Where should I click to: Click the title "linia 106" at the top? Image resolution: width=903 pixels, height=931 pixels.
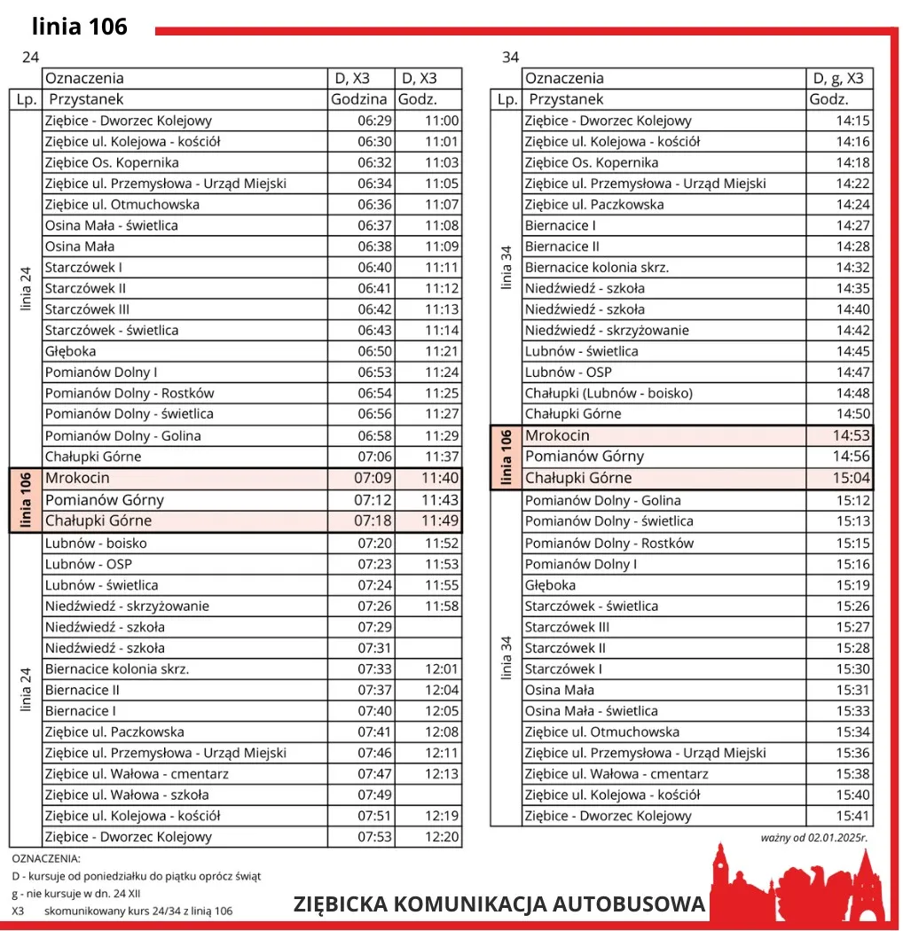click(x=80, y=27)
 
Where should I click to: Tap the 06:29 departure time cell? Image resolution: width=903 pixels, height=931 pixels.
click(x=374, y=121)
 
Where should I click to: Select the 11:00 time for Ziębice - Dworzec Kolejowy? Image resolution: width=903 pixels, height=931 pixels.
click(x=442, y=121)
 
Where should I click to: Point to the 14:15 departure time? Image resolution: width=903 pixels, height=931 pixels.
click(x=852, y=121)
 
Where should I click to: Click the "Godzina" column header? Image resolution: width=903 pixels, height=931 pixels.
click(x=358, y=99)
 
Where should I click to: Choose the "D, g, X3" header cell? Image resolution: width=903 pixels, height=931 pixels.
click(x=838, y=78)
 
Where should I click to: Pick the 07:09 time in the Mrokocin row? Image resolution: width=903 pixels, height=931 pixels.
click(x=374, y=478)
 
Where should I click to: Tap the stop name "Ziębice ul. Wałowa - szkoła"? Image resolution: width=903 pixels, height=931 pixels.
click(x=127, y=794)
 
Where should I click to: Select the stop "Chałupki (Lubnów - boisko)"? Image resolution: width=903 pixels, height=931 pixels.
click(x=609, y=393)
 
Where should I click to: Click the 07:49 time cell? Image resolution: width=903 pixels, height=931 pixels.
click(x=374, y=794)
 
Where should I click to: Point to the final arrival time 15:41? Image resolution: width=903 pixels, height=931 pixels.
click(x=852, y=816)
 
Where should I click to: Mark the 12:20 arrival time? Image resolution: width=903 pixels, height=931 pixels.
click(x=442, y=837)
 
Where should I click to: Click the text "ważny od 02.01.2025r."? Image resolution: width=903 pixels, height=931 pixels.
click(x=814, y=837)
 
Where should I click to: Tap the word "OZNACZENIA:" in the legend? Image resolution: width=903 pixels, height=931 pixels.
click(x=46, y=858)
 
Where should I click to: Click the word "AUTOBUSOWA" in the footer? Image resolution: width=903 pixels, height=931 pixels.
click(x=629, y=904)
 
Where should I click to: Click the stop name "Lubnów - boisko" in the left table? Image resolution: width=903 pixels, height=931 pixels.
click(x=96, y=543)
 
